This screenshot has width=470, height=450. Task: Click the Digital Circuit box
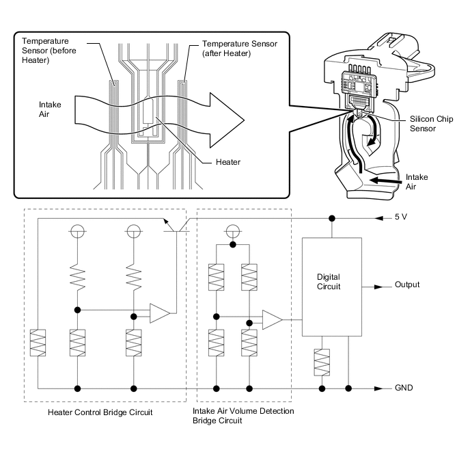tap(333, 287)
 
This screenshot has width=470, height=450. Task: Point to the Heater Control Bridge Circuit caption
tap(100, 412)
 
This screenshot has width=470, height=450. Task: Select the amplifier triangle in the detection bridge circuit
tap(272, 319)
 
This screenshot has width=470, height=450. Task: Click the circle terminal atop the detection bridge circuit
tap(233, 230)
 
